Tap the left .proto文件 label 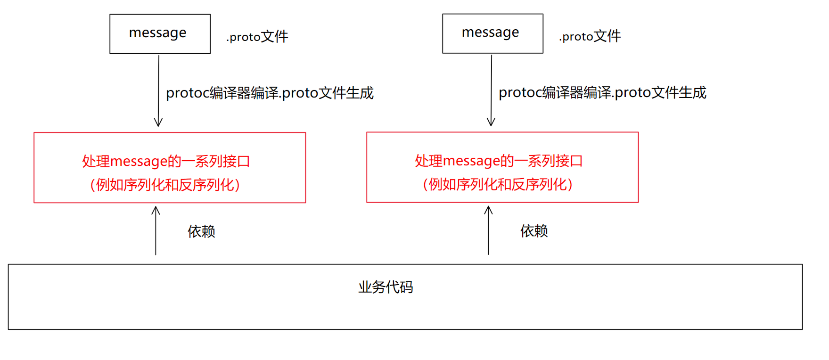click(x=257, y=37)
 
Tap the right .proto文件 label click(x=590, y=36)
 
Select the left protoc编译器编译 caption click(x=270, y=93)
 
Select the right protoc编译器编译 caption click(x=602, y=92)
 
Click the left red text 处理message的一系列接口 click(x=166, y=161)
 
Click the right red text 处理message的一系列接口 click(x=499, y=161)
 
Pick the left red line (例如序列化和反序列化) click(x=165, y=185)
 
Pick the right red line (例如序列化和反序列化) click(x=498, y=184)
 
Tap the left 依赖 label click(x=201, y=231)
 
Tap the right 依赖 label click(x=534, y=231)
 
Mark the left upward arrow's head click(x=156, y=209)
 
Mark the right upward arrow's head click(x=489, y=208)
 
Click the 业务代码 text click(x=386, y=287)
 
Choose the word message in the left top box click(x=157, y=33)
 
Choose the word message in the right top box click(x=490, y=32)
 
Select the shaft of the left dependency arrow click(x=156, y=236)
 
